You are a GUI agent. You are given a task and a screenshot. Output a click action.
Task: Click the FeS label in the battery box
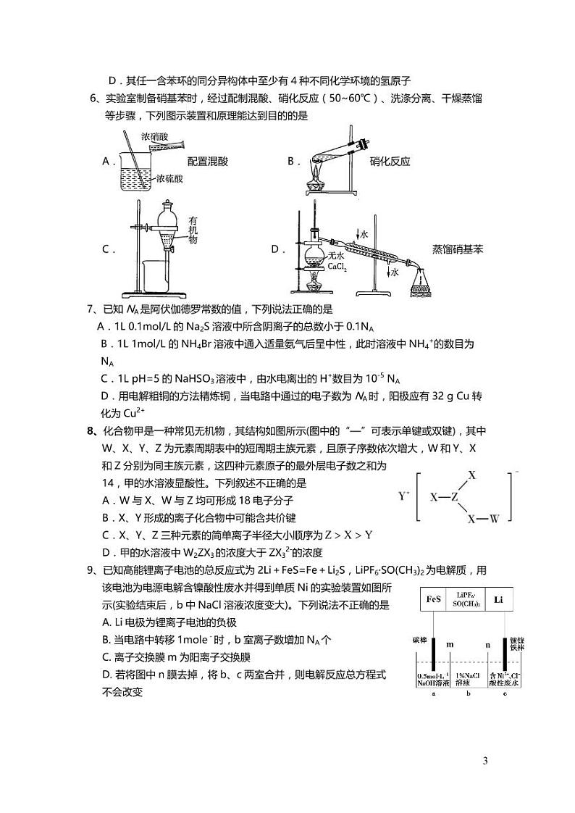434,599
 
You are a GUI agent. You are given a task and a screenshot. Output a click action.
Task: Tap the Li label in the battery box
499,599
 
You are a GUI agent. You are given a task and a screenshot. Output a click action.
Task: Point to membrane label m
450,643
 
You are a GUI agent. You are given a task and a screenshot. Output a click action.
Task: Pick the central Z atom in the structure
455,498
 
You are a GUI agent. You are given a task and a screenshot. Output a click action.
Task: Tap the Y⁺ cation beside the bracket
404,496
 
